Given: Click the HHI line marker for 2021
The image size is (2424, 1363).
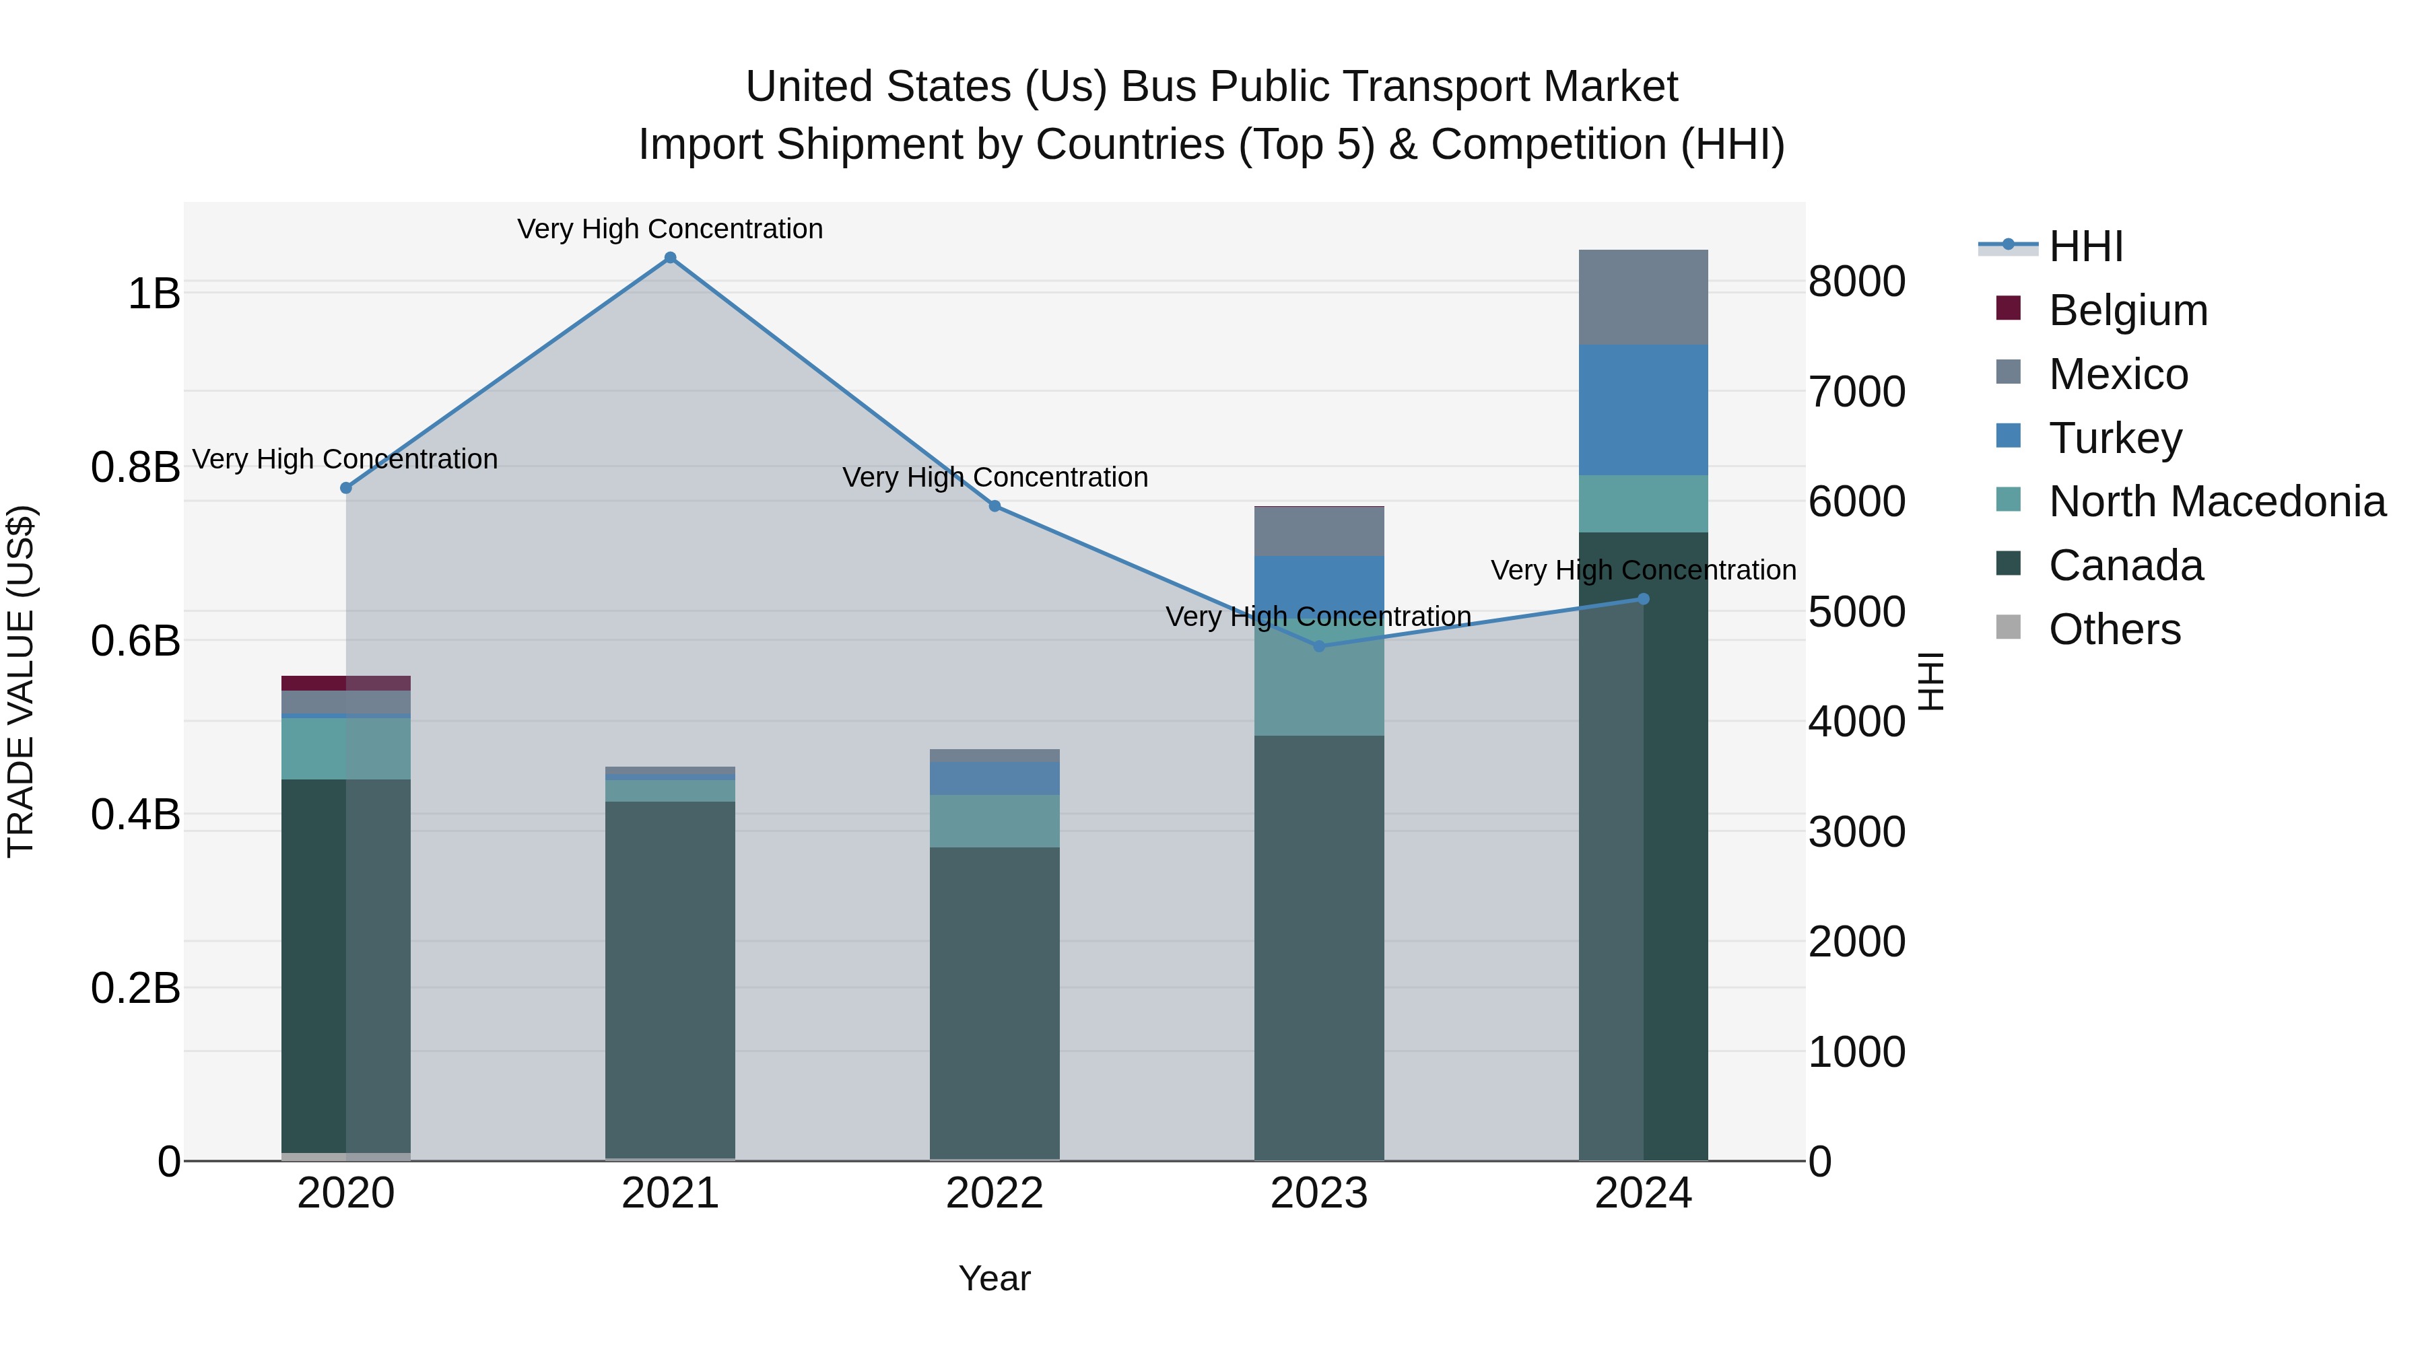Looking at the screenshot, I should (x=670, y=258).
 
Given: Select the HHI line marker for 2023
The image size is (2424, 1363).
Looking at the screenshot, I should (x=1318, y=646).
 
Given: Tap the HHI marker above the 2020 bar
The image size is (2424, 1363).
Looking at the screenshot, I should (x=346, y=488).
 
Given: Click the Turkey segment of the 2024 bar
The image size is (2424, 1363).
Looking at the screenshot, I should (x=1643, y=410).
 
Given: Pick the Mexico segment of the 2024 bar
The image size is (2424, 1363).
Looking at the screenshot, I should (x=1643, y=298).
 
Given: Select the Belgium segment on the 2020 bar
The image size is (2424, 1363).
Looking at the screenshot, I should (x=346, y=683).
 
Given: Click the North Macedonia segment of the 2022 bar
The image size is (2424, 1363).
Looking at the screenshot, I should (x=995, y=821).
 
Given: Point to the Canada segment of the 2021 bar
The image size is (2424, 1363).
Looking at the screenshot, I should (x=670, y=978).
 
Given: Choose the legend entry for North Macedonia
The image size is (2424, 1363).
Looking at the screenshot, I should (x=2216, y=501).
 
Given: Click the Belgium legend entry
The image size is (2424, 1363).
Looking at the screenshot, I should (x=2128, y=310).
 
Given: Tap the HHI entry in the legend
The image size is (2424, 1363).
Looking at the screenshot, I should (x=2085, y=246).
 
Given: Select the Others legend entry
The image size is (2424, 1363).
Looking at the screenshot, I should (x=2114, y=629).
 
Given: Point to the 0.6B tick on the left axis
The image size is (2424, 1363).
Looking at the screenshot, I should (x=135, y=641).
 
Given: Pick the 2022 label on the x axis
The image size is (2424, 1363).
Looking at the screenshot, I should (x=995, y=1193).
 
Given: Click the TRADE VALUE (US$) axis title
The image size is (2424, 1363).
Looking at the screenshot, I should (x=21, y=681).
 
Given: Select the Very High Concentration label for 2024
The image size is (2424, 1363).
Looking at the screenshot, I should (x=1643, y=570).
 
